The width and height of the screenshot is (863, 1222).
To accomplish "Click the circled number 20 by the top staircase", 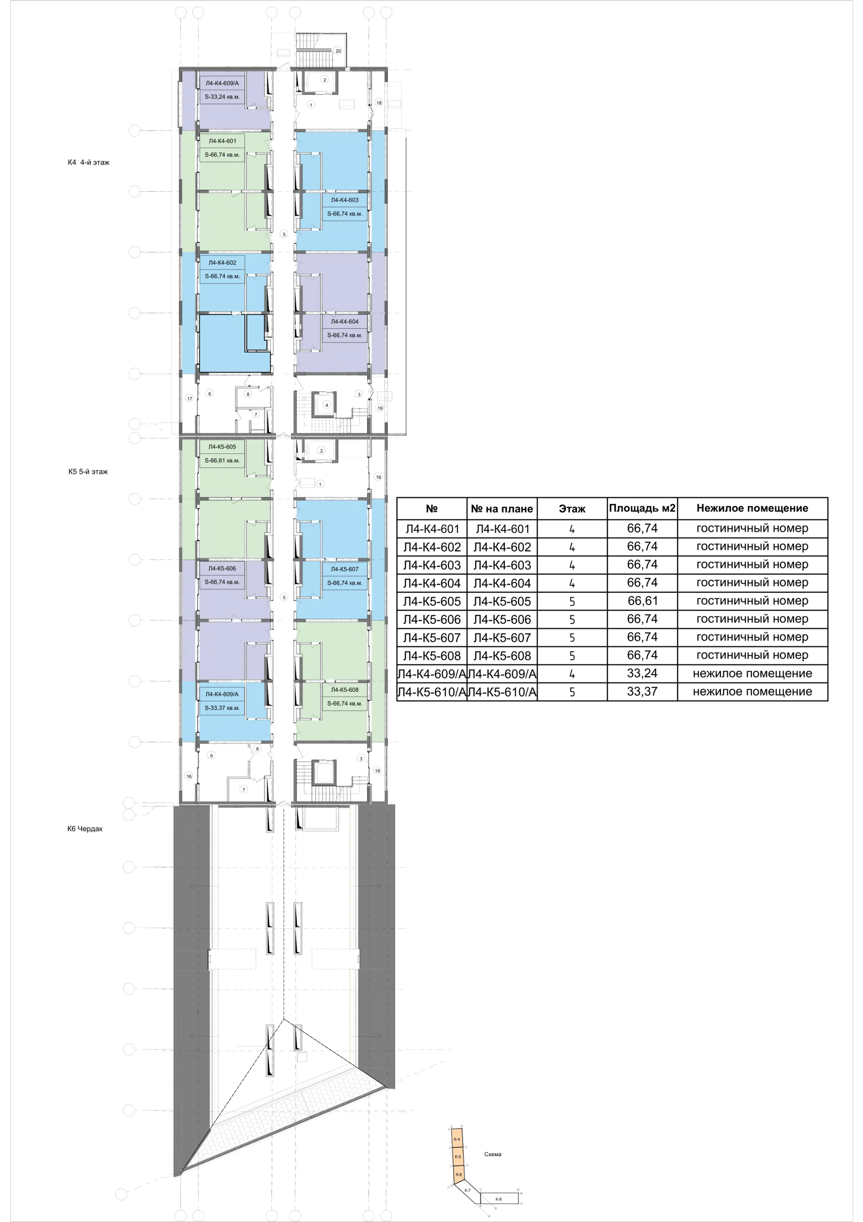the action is (x=338, y=51).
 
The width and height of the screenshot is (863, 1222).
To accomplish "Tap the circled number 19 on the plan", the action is (x=380, y=408).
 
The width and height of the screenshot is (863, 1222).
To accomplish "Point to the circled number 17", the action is (x=189, y=398).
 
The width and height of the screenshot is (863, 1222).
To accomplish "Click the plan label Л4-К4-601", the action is (x=222, y=141).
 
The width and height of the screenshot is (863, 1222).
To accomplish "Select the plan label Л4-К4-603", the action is (x=345, y=200).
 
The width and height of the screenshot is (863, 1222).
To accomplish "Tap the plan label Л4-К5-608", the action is (x=345, y=690).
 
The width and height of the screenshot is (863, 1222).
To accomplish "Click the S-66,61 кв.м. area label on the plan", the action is (x=222, y=461).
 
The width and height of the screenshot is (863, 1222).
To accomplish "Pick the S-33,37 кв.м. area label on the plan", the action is (x=222, y=708).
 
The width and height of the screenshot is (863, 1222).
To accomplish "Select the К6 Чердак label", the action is (x=85, y=828).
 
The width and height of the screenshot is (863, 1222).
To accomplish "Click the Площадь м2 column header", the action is (x=642, y=508).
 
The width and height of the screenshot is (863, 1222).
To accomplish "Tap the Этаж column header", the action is (x=572, y=509).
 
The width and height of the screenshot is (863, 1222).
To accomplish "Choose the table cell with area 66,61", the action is (x=642, y=601).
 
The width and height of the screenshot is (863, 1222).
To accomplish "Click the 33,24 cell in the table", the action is (x=642, y=673).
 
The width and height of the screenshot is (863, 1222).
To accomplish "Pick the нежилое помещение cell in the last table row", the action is (x=752, y=691).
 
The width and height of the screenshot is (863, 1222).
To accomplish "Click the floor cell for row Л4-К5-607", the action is (x=572, y=638).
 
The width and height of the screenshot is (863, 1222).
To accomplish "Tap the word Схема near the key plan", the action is (x=493, y=1155).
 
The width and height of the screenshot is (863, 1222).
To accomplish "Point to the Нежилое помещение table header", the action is (x=752, y=508).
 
